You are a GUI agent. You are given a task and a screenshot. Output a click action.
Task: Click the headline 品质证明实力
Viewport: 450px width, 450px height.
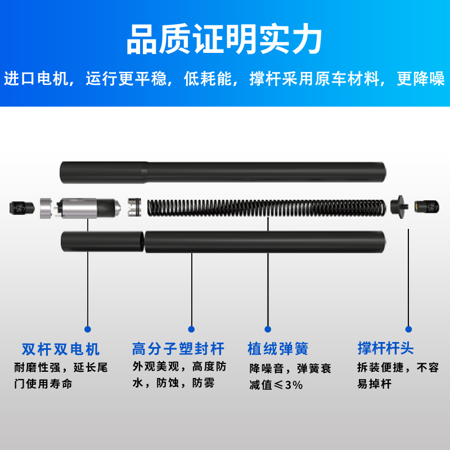tap(224, 40)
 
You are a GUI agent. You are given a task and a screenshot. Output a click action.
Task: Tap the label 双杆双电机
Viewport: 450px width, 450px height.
tap(61, 349)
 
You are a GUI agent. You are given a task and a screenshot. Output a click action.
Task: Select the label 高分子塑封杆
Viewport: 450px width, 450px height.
tap(178, 349)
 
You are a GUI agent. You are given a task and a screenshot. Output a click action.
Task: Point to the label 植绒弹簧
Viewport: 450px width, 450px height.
tap(278, 349)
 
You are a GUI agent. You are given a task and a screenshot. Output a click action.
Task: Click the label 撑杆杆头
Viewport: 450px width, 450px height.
tap(385, 349)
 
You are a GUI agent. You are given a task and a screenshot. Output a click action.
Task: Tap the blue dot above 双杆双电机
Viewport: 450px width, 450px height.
tap(87, 329)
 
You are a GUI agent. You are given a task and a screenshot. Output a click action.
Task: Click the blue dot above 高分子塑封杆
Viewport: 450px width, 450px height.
tap(191, 329)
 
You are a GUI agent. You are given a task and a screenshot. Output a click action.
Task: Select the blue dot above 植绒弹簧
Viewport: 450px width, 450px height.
tap(268, 329)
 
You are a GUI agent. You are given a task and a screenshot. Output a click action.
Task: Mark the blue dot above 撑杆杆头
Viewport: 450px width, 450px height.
tap(409, 329)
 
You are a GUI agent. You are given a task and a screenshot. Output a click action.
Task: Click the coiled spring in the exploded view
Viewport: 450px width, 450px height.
tap(267, 207)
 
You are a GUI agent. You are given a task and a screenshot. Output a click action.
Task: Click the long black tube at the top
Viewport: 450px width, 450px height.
tap(223, 170)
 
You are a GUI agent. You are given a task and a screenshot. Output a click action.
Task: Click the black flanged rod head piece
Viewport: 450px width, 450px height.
tap(399, 206)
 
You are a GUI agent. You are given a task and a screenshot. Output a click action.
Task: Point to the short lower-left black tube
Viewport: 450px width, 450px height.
tap(102, 242)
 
